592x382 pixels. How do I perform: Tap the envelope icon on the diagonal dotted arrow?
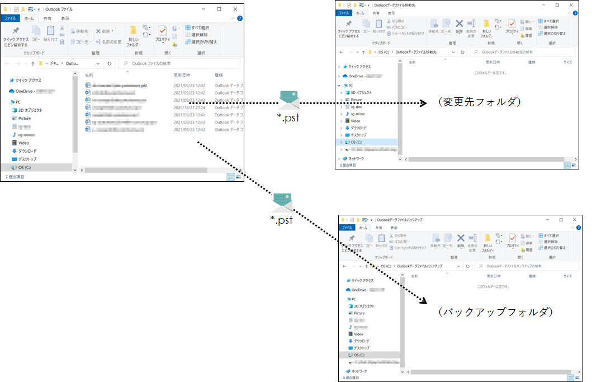[x=282, y=202]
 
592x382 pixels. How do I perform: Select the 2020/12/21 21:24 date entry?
[x=189, y=107]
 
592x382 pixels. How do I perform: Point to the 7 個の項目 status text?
[x=15, y=177]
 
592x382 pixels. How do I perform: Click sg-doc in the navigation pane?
[x=358, y=106]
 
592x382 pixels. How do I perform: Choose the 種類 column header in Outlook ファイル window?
[x=219, y=75]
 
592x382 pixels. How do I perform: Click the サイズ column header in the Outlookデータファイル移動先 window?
[x=567, y=63]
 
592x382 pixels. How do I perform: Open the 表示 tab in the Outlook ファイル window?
[x=65, y=18]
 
